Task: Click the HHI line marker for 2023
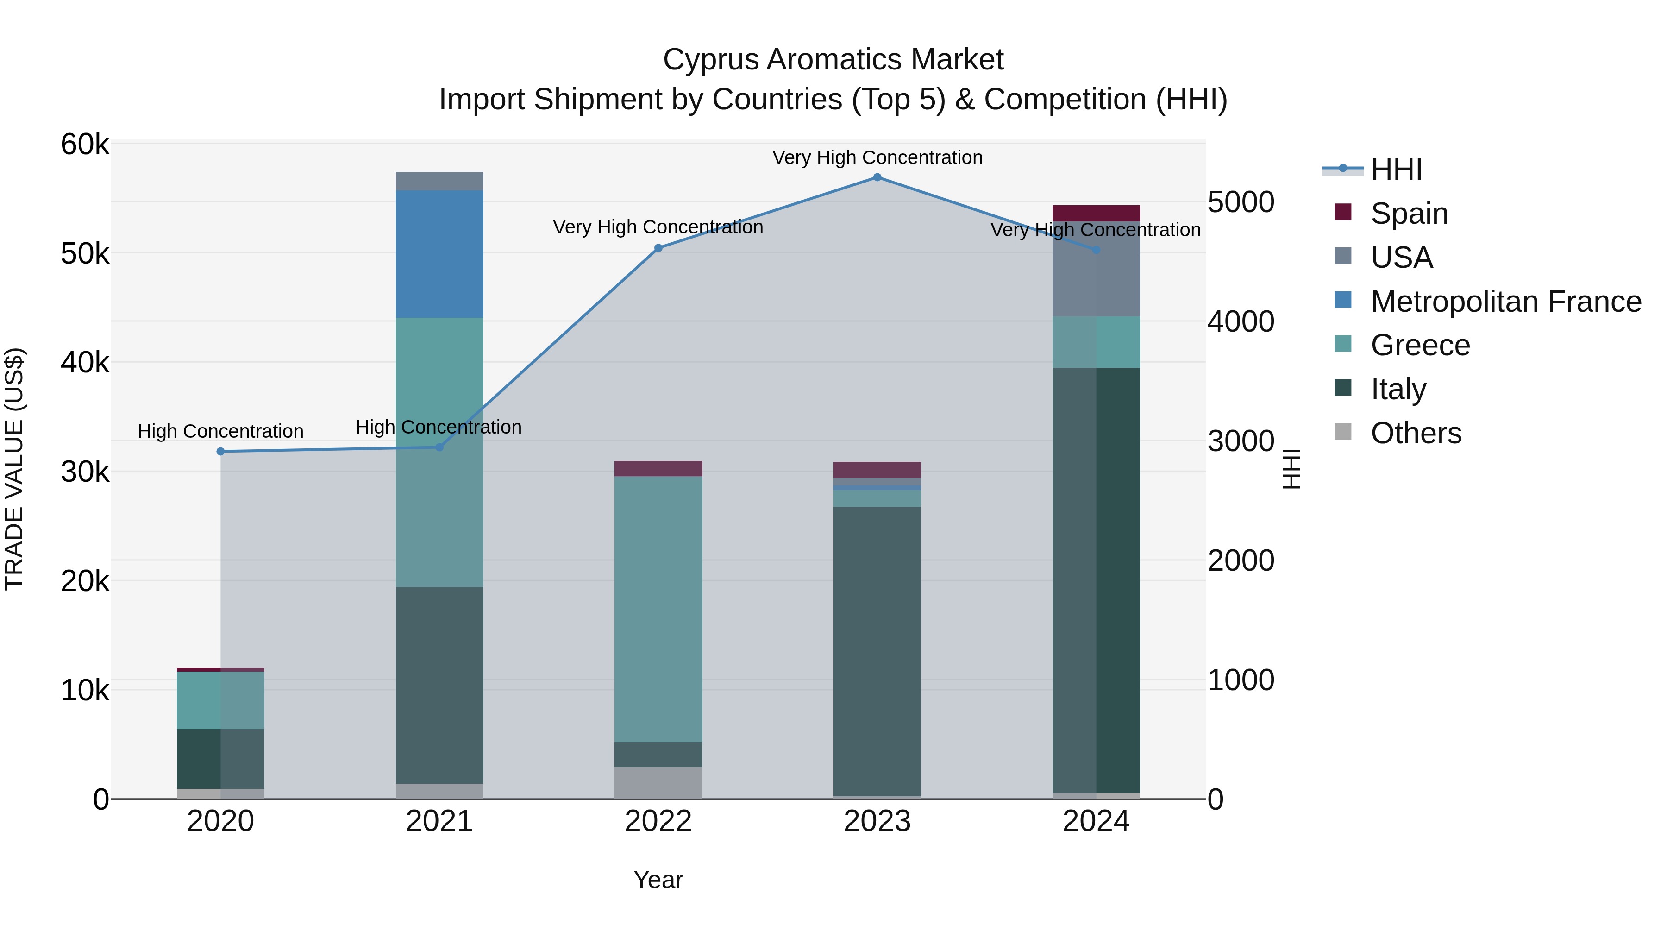(x=877, y=177)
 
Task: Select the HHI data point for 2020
(x=221, y=451)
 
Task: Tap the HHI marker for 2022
(x=658, y=248)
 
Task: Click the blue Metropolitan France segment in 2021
(x=439, y=254)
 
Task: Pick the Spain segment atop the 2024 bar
(x=1096, y=213)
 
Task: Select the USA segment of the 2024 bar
(x=1096, y=269)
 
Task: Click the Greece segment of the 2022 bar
(x=658, y=609)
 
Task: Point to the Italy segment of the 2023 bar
(x=877, y=651)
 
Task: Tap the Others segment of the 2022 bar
(x=658, y=783)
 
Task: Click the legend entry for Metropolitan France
(x=1505, y=302)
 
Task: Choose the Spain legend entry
(x=1409, y=214)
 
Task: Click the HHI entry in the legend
(x=1396, y=170)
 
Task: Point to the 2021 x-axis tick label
(x=439, y=821)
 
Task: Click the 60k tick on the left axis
(x=85, y=145)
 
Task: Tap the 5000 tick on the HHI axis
(x=1241, y=202)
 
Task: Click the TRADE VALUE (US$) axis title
(x=15, y=469)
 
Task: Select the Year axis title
(x=658, y=880)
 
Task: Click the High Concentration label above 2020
(x=221, y=431)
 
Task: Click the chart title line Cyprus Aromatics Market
(x=833, y=60)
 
